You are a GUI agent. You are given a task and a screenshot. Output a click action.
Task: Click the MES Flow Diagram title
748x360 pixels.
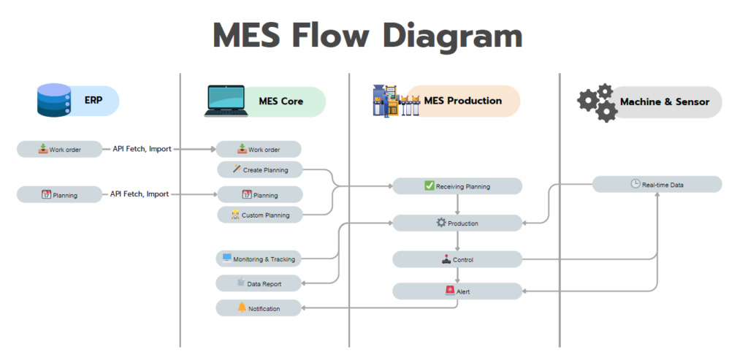pos(367,35)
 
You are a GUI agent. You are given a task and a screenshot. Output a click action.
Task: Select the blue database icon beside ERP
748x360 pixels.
pos(53,100)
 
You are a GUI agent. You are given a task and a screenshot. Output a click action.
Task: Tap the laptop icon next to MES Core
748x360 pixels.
pos(226,102)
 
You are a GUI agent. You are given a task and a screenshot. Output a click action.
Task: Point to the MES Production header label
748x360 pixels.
pos(463,101)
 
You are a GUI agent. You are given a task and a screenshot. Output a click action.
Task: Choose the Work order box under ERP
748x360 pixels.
pos(59,150)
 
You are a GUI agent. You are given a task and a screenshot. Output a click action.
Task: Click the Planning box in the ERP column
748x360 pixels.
pos(59,195)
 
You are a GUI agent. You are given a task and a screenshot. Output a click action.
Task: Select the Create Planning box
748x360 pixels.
pos(259,170)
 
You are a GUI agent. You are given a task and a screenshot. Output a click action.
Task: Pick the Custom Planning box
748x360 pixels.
pos(259,215)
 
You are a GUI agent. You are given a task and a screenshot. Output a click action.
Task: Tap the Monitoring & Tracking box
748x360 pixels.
pos(259,259)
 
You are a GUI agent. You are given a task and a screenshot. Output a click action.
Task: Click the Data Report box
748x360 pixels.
pos(259,283)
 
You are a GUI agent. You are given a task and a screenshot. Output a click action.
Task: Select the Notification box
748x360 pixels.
pos(259,308)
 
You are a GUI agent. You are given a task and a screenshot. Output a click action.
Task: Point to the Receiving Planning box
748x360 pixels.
pos(457,186)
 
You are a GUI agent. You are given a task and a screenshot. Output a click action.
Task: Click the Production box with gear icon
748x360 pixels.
pos(457,223)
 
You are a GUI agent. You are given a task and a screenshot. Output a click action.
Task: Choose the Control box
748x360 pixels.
pos(457,259)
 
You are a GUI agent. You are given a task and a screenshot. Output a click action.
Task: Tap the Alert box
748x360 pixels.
pos(457,291)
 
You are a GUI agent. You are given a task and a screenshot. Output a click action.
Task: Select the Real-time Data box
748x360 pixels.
pos(657,185)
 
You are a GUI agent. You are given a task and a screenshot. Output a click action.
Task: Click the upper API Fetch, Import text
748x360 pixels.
pos(142,149)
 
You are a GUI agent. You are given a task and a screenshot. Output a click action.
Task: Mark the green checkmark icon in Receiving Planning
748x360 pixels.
pos(430,185)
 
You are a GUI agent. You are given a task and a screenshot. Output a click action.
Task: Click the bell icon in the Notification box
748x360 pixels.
pos(242,308)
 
